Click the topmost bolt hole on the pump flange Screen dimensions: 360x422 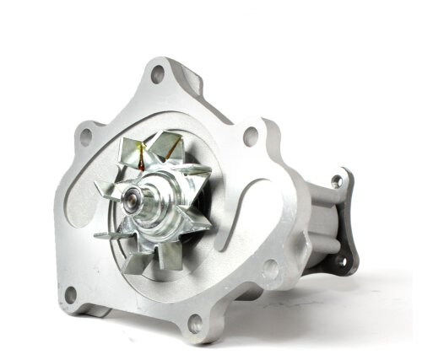click(157, 75)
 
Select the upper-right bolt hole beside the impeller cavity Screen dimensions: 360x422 click(250, 135)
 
